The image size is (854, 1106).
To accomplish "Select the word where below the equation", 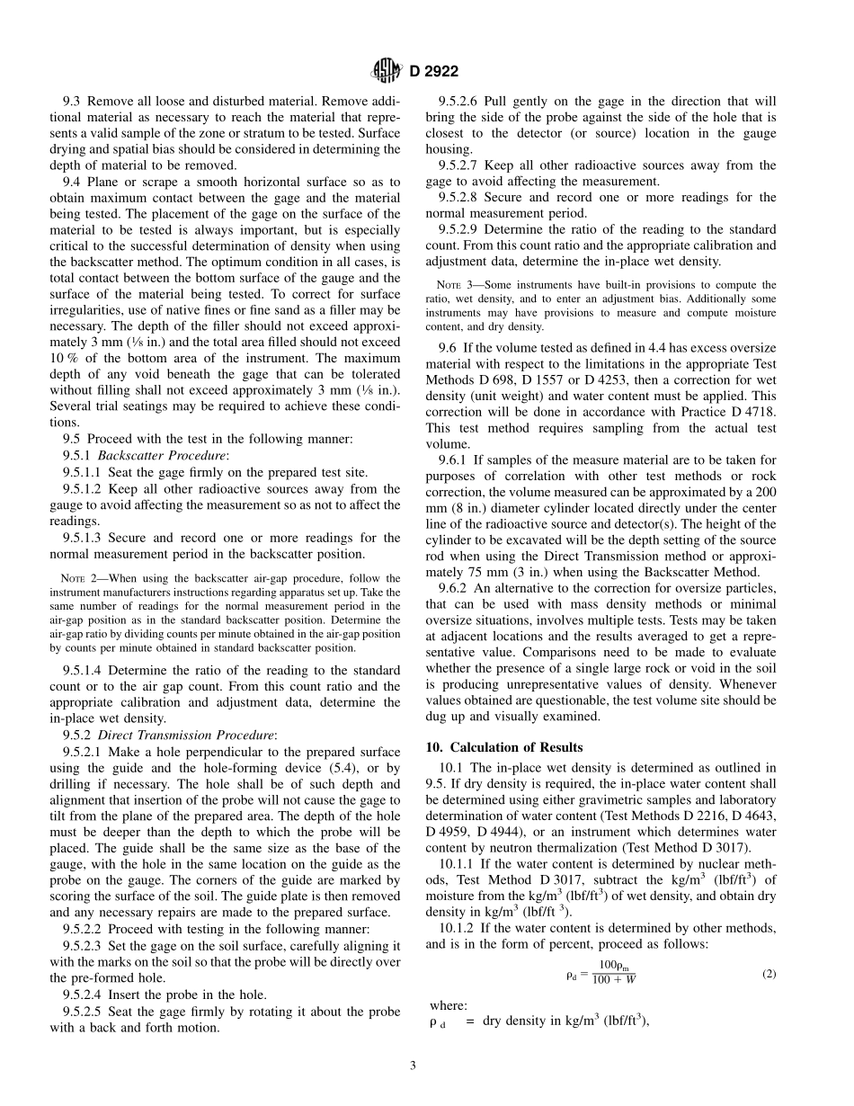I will pos(449,1005).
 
